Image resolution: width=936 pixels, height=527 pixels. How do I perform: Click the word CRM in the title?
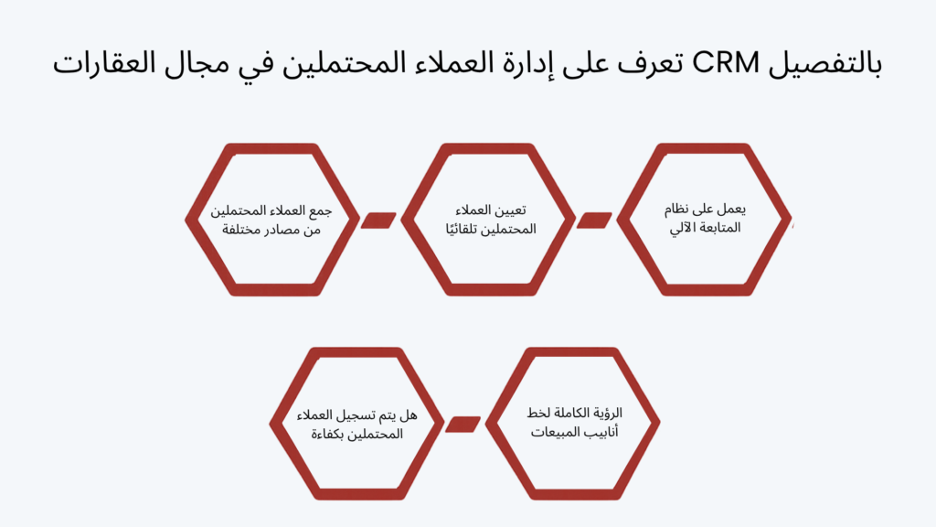click(725, 63)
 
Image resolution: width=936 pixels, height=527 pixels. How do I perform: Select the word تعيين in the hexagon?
click(513, 210)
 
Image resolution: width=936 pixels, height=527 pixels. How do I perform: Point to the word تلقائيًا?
click(465, 229)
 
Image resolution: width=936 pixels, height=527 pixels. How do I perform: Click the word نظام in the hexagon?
click(677, 210)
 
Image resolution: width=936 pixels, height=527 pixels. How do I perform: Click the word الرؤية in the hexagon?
click(608, 413)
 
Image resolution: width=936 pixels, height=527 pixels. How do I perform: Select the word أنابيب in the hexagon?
click(602, 432)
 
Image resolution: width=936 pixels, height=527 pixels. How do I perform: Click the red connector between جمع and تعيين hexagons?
click(378, 220)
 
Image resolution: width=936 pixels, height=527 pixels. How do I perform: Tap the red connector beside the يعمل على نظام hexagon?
click(594, 220)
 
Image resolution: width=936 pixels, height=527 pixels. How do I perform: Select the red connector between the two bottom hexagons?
click(463, 425)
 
